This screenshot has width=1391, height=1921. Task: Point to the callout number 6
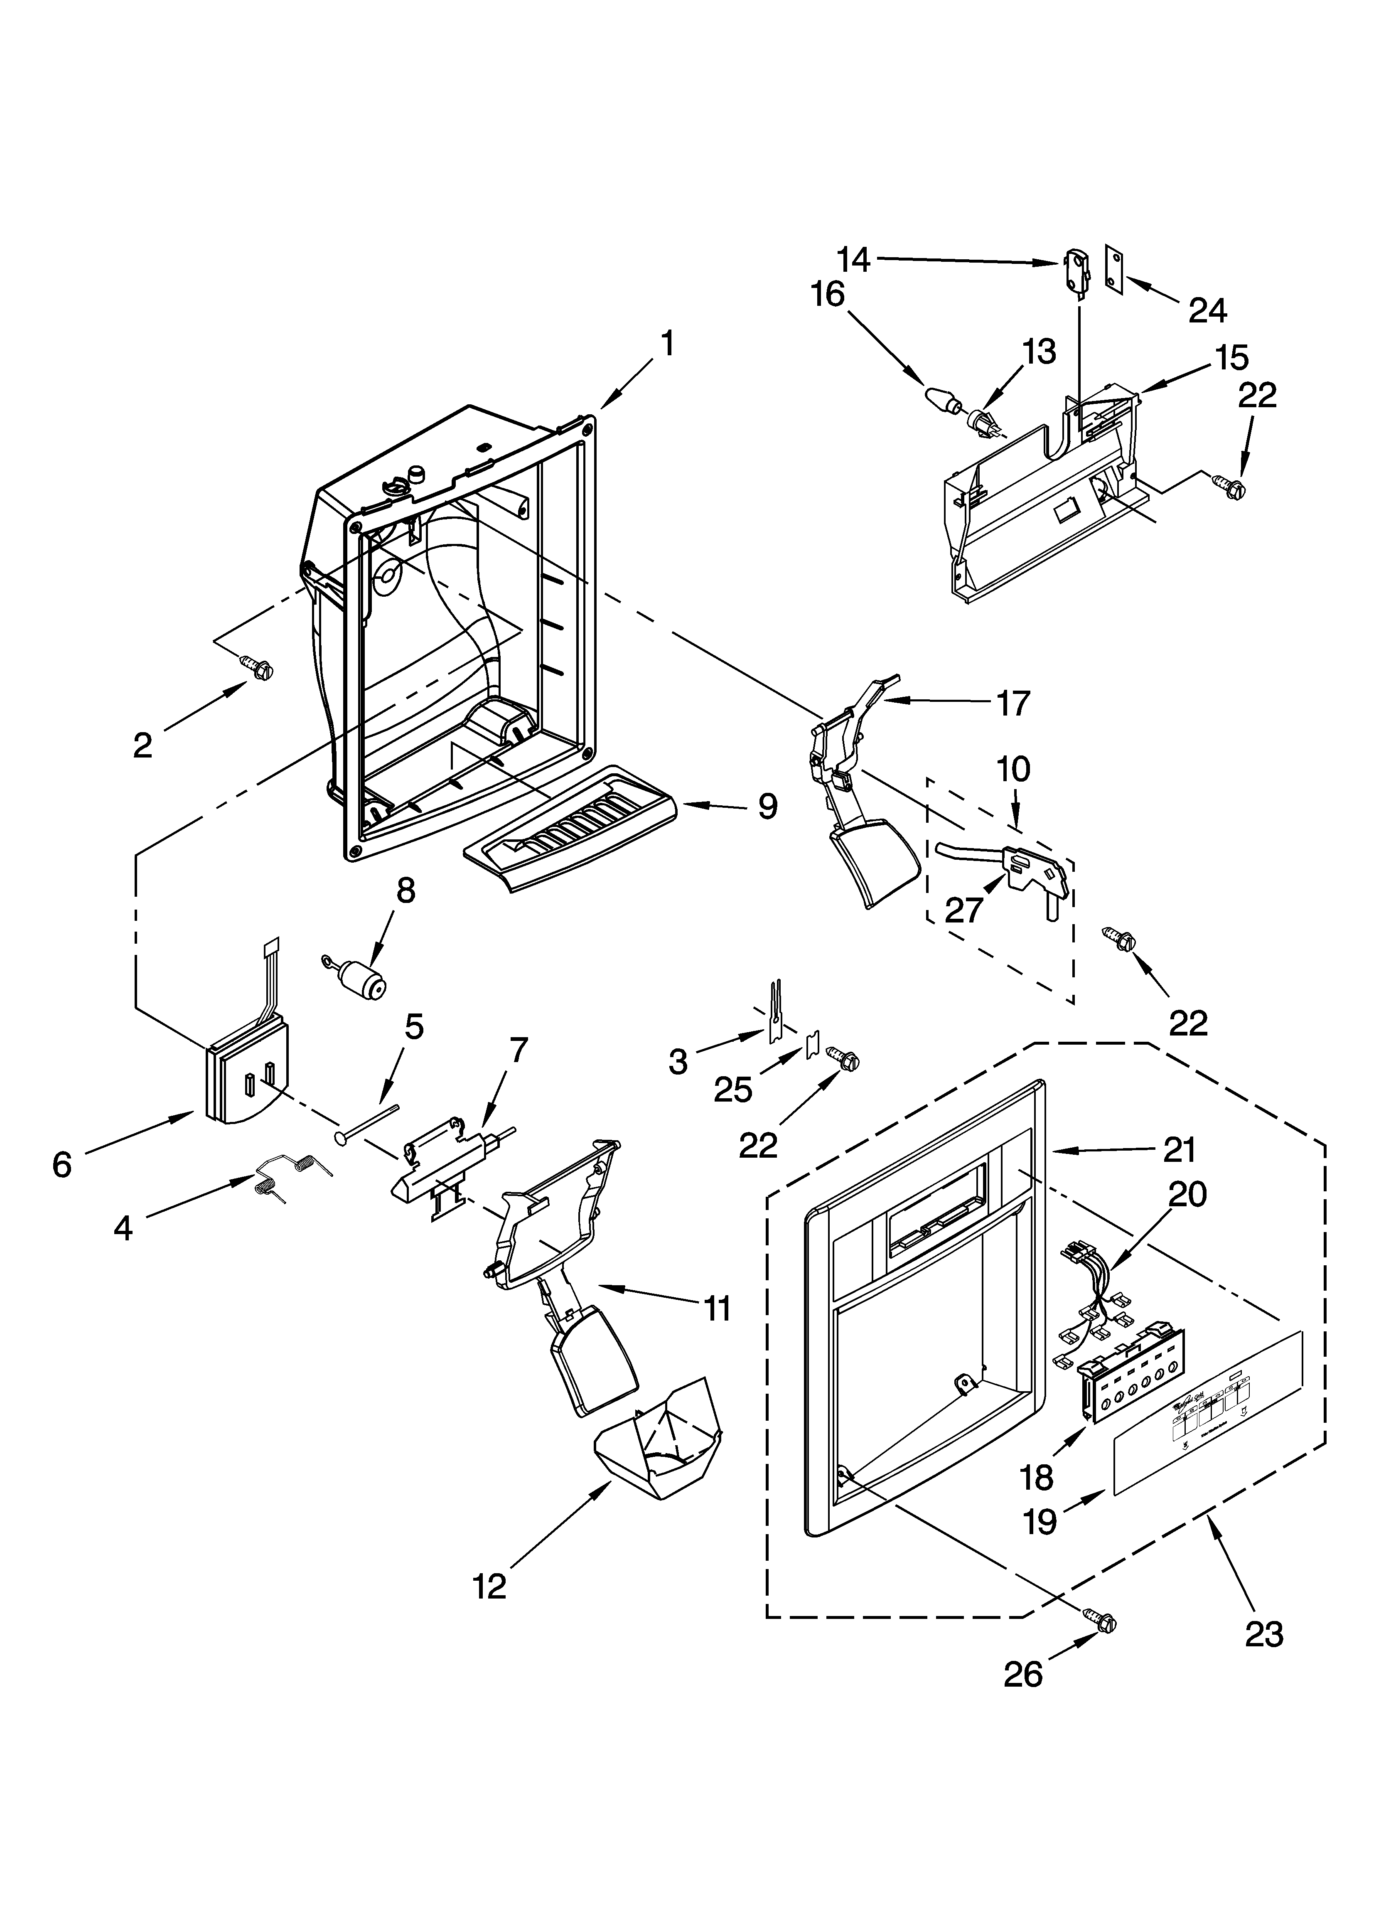(62, 1166)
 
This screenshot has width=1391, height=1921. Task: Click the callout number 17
(1013, 703)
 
